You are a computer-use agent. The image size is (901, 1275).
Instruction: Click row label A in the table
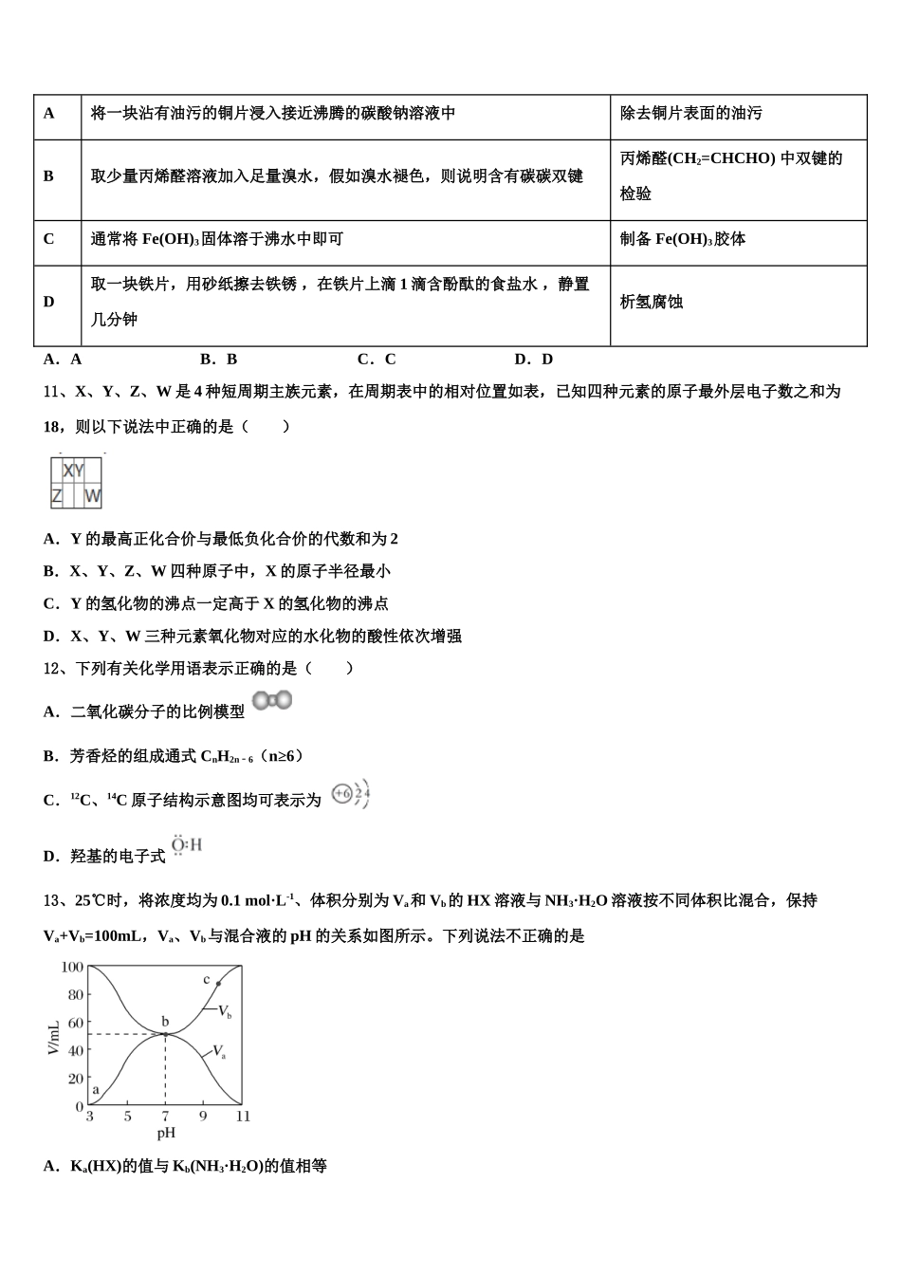[49, 114]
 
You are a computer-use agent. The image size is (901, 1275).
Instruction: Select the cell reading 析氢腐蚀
[652, 303]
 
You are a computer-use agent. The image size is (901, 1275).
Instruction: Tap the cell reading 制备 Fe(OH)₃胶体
[683, 239]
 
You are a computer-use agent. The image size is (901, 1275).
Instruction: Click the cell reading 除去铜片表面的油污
[690, 114]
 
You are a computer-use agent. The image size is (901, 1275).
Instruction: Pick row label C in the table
[49, 239]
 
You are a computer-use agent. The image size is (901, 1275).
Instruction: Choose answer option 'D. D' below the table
[533, 360]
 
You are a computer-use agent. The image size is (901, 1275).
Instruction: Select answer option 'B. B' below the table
[219, 360]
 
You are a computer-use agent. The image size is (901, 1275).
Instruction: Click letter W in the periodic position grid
[92, 495]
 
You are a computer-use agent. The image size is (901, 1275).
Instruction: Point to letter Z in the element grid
[57, 495]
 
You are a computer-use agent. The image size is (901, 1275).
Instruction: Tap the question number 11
[54, 391]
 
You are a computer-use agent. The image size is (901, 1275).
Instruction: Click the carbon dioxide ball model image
[272, 701]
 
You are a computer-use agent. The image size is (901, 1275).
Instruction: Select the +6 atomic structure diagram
[350, 795]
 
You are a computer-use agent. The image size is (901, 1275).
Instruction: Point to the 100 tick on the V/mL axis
[72, 968]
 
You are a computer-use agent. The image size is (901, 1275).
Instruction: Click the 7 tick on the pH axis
[165, 1117]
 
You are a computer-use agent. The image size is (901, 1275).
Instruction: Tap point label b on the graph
[165, 1022]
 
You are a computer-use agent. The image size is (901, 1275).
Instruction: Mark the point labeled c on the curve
[218, 984]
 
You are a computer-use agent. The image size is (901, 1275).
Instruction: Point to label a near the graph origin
[96, 1090]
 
